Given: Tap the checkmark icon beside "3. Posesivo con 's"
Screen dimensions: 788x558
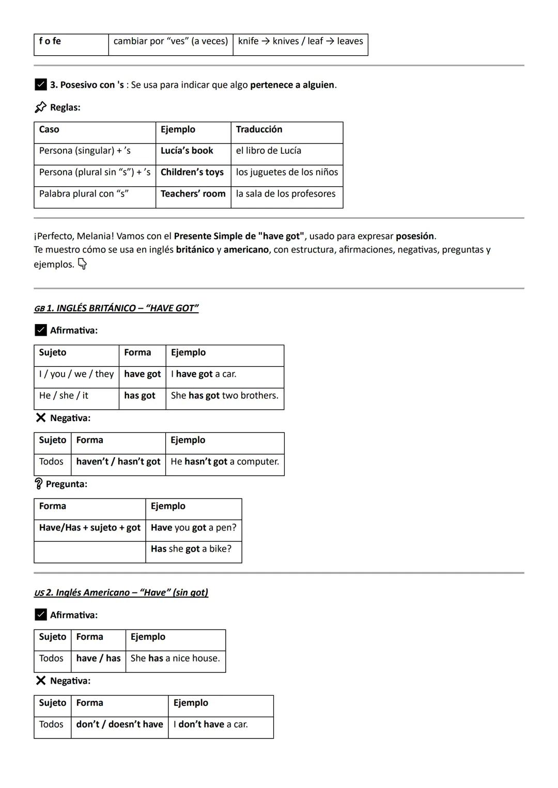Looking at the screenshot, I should click(41, 85).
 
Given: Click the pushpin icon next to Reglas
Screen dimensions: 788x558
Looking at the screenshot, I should click(40, 107).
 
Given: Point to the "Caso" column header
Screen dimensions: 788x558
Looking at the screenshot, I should click(49, 130).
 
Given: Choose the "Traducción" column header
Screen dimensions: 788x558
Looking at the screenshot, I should click(259, 130).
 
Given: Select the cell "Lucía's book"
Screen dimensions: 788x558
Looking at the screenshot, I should click(187, 151).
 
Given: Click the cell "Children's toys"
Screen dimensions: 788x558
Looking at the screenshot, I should click(192, 172).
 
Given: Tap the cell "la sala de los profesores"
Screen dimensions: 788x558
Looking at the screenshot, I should click(286, 194).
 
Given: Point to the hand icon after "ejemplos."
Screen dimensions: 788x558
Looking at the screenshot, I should click(82, 264).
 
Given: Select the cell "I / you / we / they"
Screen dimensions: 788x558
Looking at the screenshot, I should click(76, 374).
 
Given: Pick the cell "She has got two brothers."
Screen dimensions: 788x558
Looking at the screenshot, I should click(224, 396).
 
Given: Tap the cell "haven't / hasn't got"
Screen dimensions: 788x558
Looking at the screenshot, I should click(118, 462).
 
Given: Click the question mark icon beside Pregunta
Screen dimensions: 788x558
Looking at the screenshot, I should click(39, 484).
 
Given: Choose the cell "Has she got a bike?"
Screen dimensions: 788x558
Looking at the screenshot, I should click(191, 549).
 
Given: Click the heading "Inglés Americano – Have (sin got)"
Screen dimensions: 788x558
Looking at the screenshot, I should click(126, 593).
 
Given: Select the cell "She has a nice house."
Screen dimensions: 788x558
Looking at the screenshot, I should click(175, 658).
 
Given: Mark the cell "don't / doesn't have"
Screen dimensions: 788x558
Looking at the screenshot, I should click(119, 725).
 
